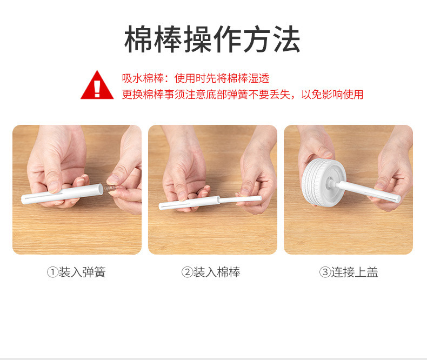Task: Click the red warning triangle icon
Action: pos(97,85)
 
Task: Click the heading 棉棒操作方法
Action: pos(212,39)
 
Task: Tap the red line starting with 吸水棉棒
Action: pos(196,78)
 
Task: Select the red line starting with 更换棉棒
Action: pos(243,95)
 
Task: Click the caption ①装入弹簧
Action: pos(77,272)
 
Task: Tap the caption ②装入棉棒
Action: pos(211,272)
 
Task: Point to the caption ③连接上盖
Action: pos(349,272)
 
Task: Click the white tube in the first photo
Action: pos(63,194)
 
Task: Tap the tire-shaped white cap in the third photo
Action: pos(323,183)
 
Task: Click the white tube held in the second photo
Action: pos(190,203)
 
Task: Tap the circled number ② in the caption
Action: pos(188,272)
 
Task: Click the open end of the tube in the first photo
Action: pos(101,189)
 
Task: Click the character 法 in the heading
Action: pos(287,39)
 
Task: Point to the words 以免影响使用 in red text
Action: pos(332,95)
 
